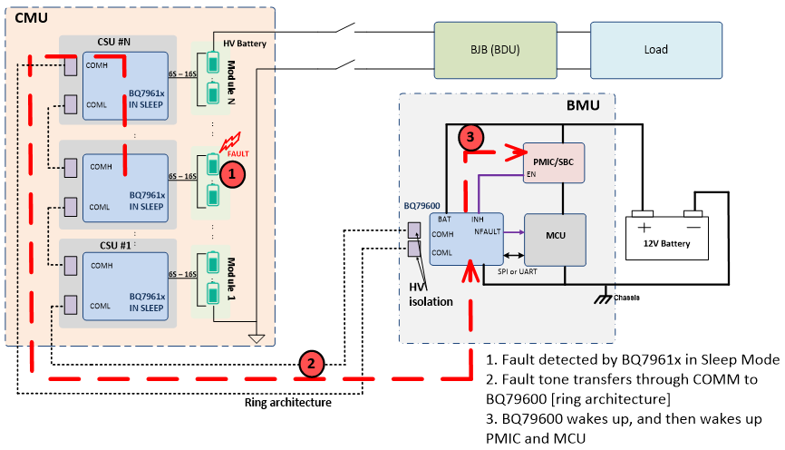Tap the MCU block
coord(557,235)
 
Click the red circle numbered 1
coord(233,171)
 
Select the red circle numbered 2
coord(311,365)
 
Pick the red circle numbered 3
coord(471,138)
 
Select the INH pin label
coord(478,219)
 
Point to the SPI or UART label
coord(519,271)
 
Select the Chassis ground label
coord(626,297)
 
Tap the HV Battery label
coord(245,43)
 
